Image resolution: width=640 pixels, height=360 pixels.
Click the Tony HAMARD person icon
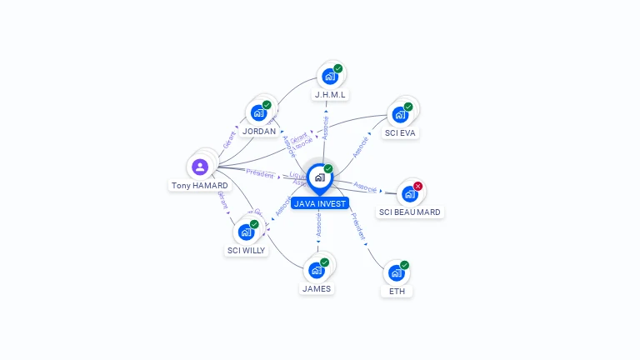pyautogui.click(x=200, y=167)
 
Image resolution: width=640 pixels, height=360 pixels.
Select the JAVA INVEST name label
pyautogui.click(x=320, y=203)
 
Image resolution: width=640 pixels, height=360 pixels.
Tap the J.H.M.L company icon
pyautogui.click(x=330, y=77)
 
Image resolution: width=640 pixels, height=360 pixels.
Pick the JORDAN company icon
pyautogui.click(x=259, y=113)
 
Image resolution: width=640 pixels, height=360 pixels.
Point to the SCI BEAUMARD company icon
pyautogui.click(x=409, y=194)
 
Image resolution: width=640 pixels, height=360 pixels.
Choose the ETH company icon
pyautogui.click(x=397, y=273)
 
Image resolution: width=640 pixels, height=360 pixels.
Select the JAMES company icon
pyautogui.click(x=317, y=270)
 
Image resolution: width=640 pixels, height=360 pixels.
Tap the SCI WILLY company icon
pyautogui.click(x=247, y=232)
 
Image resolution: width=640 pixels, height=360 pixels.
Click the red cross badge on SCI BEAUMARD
pyautogui.click(x=418, y=186)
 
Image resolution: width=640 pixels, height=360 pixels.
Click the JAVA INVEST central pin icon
pyautogui.click(x=319, y=177)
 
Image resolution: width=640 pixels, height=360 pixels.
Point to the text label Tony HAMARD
pyautogui.click(x=200, y=186)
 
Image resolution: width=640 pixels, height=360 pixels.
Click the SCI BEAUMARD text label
pyautogui.click(x=410, y=212)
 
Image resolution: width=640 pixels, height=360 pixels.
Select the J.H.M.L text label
pyautogui.click(x=330, y=95)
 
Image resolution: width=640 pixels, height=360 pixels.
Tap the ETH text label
pyautogui.click(x=397, y=292)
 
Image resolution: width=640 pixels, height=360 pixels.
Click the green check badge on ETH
pyautogui.click(x=405, y=265)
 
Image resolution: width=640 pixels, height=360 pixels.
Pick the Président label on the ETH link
pyautogui.click(x=357, y=227)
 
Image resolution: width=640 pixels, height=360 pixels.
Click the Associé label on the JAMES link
pyautogui.click(x=318, y=224)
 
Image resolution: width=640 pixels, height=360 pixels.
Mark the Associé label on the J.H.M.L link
pyautogui.click(x=326, y=127)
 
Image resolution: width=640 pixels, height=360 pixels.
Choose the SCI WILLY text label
pyautogui.click(x=247, y=250)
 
